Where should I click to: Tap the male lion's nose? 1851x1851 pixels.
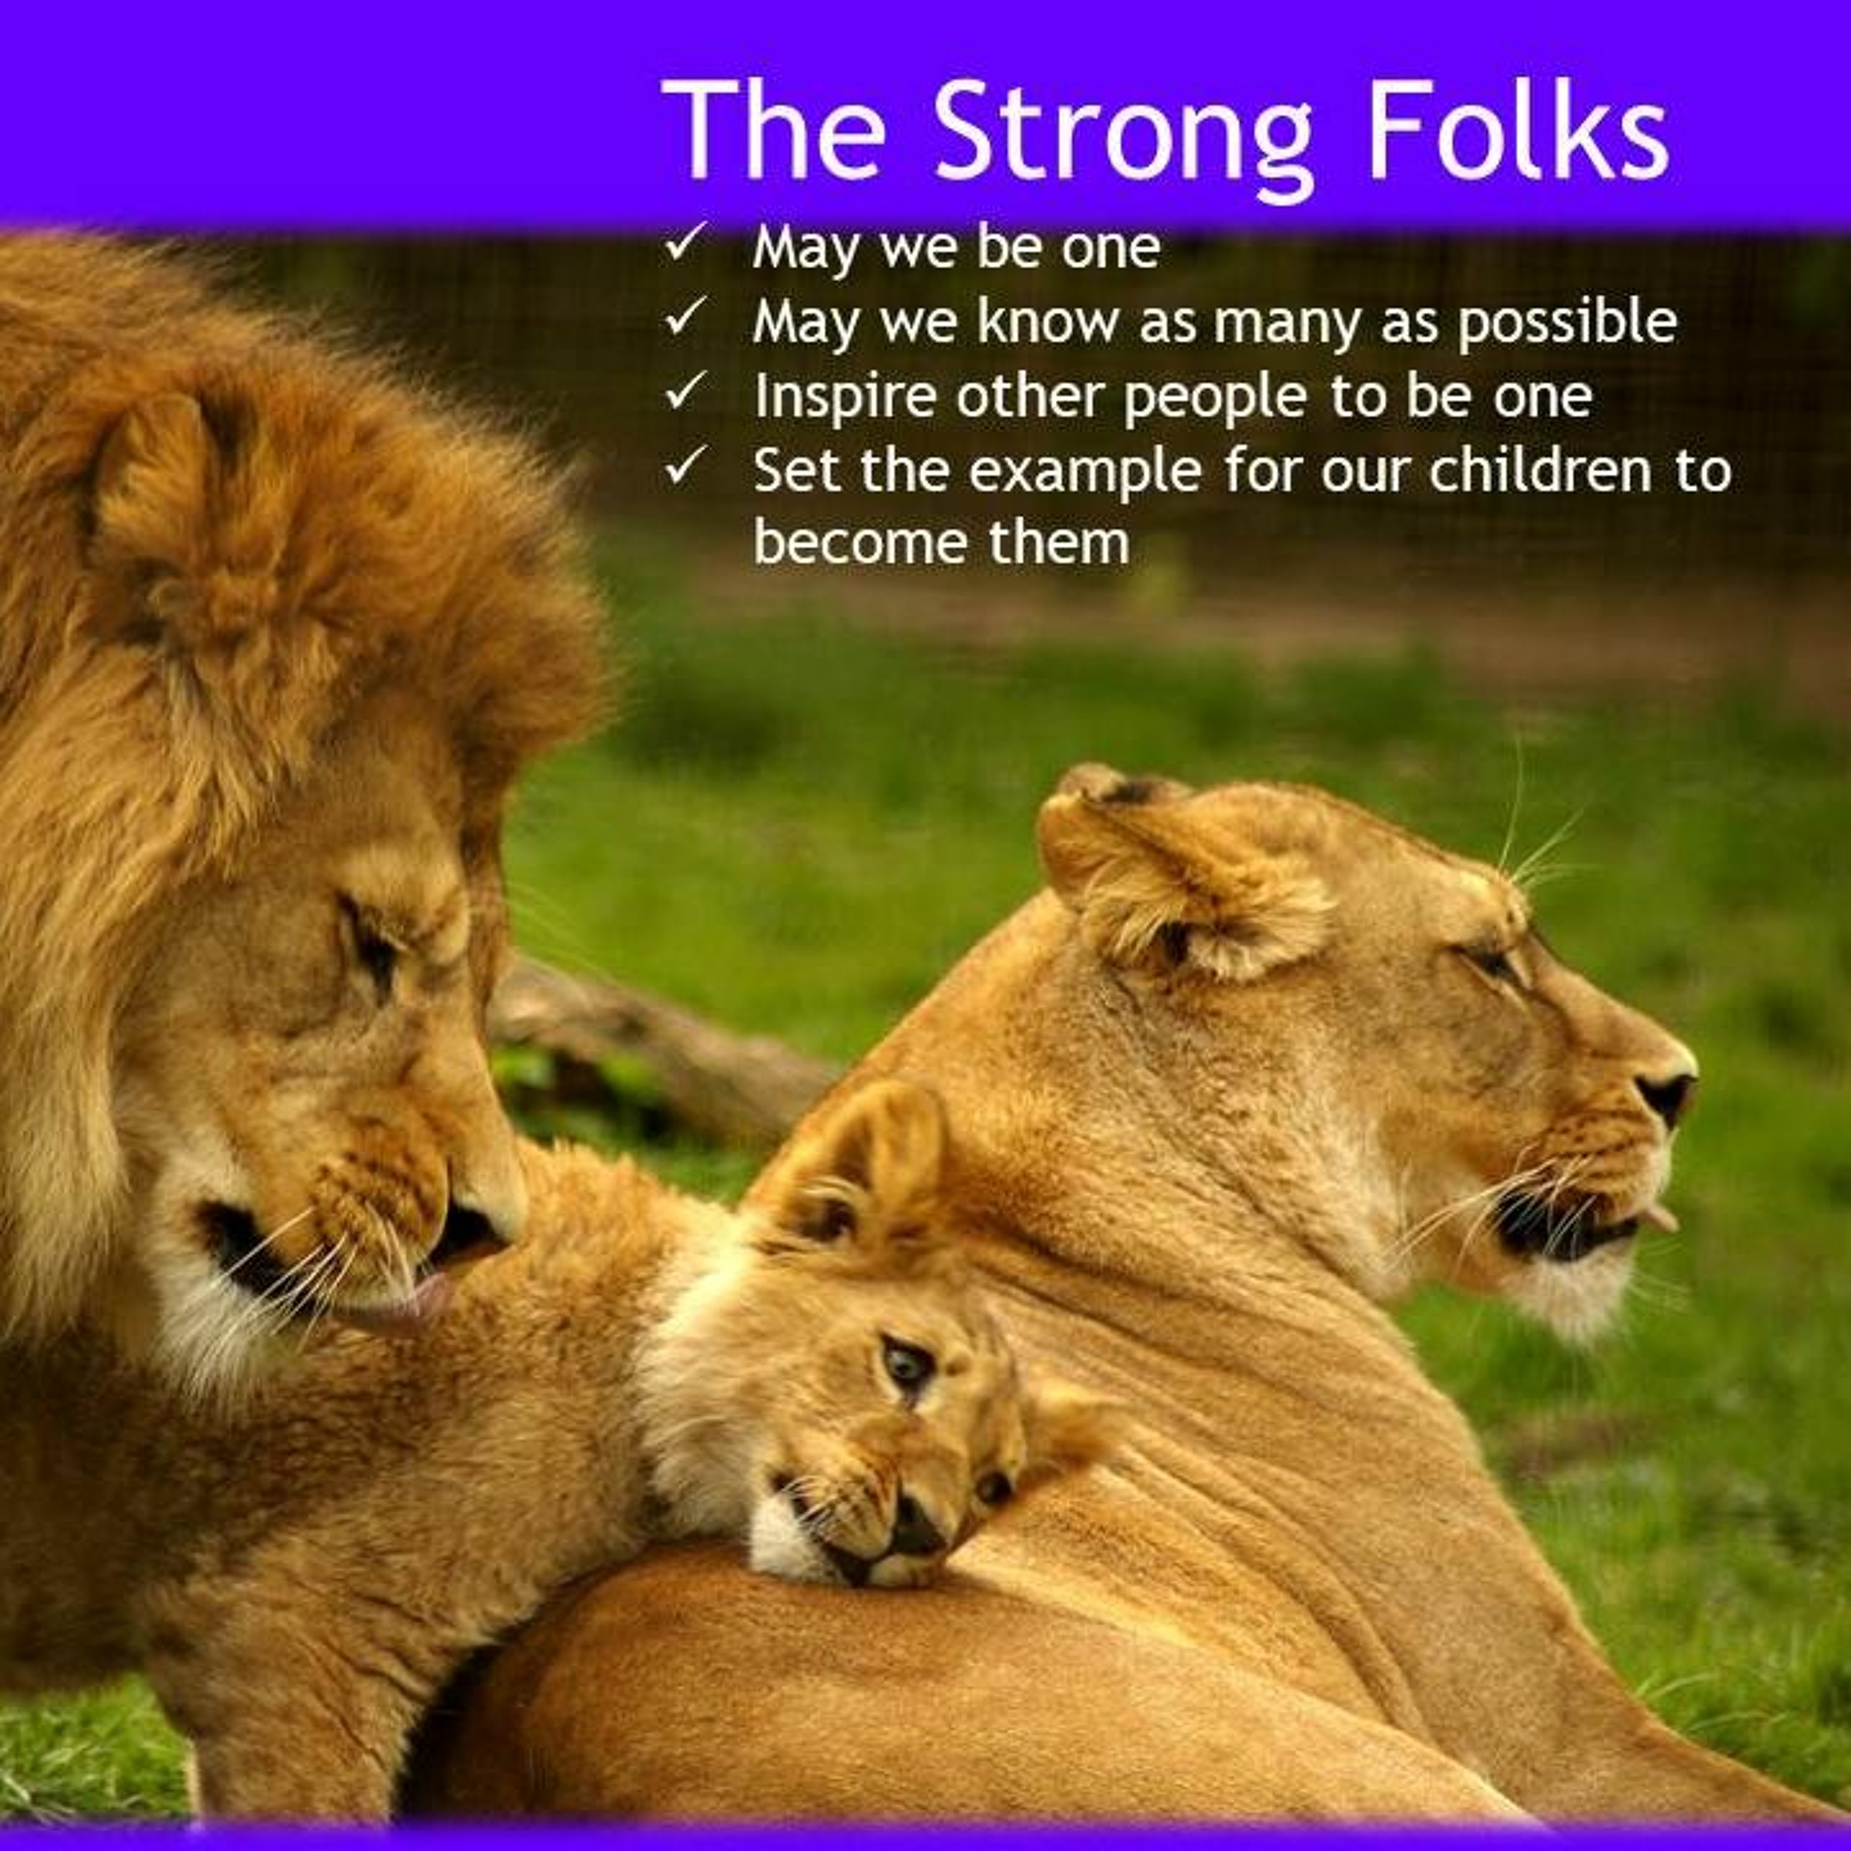coord(470,1231)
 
